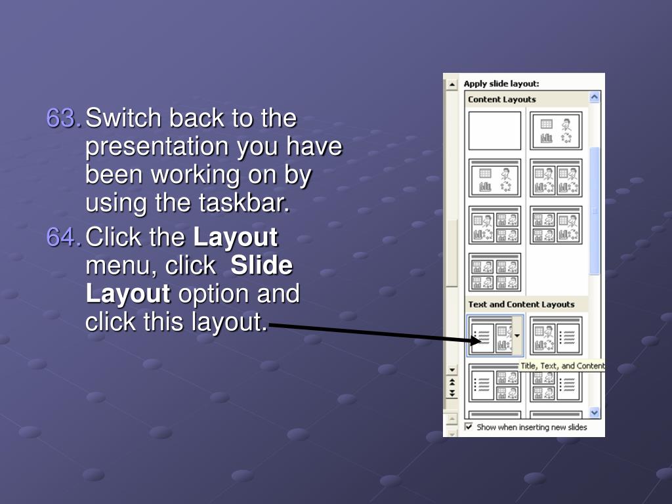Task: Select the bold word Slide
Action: (x=261, y=265)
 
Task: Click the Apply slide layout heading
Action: (x=501, y=83)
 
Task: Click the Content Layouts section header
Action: (x=502, y=100)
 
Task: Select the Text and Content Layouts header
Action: (x=521, y=304)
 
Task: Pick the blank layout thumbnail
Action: (x=495, y=131)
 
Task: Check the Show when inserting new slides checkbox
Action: (x=469, y=427)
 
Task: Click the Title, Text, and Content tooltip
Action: (x=562, y=366)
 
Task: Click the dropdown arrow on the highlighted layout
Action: (x=517, y=336)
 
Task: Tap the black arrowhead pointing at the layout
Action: (x=476, y=341)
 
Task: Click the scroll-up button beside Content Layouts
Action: (x=595, y=97)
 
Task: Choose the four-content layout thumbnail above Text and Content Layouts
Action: (x=495, y=272)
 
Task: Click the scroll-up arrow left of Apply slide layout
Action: (x=451, y=85)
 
